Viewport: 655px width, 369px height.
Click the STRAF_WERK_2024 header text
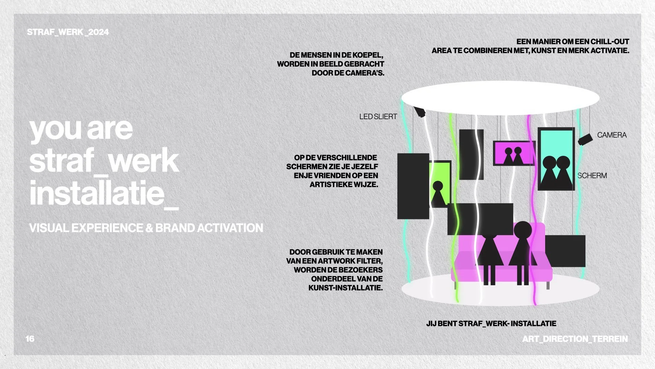click(x=68, y=32)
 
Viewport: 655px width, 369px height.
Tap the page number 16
click(x=30, y=339)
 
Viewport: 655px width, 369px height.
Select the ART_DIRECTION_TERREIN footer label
click(x=575, y=339)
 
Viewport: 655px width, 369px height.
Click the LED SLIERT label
click(x=378, y=117)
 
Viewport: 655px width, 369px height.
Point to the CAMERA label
click(x=612, y=135)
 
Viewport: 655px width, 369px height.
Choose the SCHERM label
click(x=592, y=176)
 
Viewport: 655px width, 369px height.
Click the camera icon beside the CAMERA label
click(x=585, y=139)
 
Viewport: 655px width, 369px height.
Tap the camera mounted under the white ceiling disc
click(x=420, y=112)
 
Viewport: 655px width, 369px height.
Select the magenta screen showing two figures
click(x=513, y=153)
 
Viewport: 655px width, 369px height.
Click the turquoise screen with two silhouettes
click(x=556, y=159)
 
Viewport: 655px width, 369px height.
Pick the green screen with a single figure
click(x=440, y=184)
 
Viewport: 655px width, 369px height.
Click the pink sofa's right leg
click(x=548, y=285)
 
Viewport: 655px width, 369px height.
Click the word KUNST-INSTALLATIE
click(x=345, y=288)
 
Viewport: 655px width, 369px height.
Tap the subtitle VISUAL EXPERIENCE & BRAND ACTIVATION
click(x=146, y=228)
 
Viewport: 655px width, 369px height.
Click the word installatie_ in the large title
click(x=103, y=193)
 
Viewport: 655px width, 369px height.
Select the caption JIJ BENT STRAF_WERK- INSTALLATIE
click(x=491, y=323)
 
